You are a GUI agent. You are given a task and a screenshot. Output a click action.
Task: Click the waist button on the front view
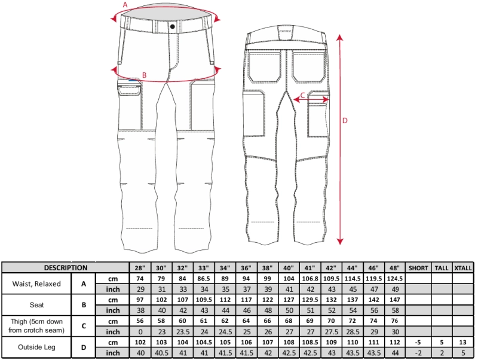tap(172, 26)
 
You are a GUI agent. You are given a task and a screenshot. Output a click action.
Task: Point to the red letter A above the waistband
tap(125, 5)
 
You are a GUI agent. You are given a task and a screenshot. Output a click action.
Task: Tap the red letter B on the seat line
tap(145, 75)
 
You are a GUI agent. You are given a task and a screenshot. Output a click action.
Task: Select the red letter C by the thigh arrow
tap(302, 95)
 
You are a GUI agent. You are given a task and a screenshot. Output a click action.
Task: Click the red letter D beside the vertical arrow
tap(345, 121)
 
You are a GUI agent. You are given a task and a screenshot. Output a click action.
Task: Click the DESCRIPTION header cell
tap(66, 268)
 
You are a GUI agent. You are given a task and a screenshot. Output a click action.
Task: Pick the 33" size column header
tap(204, 268)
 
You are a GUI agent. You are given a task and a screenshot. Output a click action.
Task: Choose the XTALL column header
tap(463, 268)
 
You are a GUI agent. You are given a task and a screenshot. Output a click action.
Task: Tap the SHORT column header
tap(418, 268)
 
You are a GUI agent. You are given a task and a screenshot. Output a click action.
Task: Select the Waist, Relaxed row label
tap(36, 283)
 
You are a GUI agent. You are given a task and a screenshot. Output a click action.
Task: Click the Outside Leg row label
tap(36, 347)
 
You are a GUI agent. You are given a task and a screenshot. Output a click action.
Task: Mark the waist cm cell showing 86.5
tap(204, 279)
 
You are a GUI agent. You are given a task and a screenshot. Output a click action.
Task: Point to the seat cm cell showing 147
tap(395, 300)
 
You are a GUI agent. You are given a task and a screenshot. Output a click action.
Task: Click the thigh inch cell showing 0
tap(140, 332)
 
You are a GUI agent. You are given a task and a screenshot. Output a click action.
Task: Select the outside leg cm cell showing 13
tap(463, 342)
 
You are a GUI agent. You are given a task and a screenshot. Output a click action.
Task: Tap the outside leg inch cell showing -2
tap(418, 353)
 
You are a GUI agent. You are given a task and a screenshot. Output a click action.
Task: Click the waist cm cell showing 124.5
tap(395, 279)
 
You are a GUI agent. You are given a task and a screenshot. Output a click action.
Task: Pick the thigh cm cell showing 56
tap(140, 321)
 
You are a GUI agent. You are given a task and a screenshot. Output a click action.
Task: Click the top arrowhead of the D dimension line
tap(340, 38)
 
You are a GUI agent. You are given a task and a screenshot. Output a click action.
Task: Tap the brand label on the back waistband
tap(286, 31)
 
